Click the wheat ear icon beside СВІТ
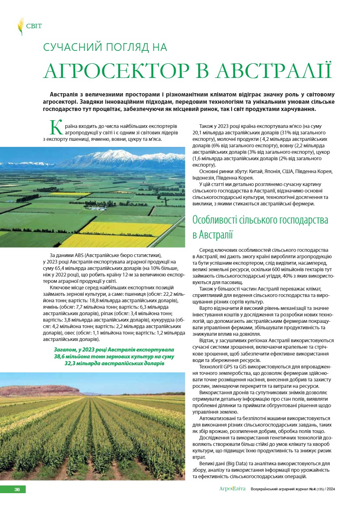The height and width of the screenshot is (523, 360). pos(20,26)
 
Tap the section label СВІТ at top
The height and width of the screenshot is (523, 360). pos(34,26)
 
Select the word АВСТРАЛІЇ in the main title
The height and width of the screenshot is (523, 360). pos(274,71)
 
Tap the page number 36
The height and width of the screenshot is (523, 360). pos(17,489)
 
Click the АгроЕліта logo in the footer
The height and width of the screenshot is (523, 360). pos(232,489)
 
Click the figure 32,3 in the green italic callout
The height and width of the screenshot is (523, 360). pos(72,363)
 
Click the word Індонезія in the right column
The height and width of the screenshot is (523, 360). pos(205,178)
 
